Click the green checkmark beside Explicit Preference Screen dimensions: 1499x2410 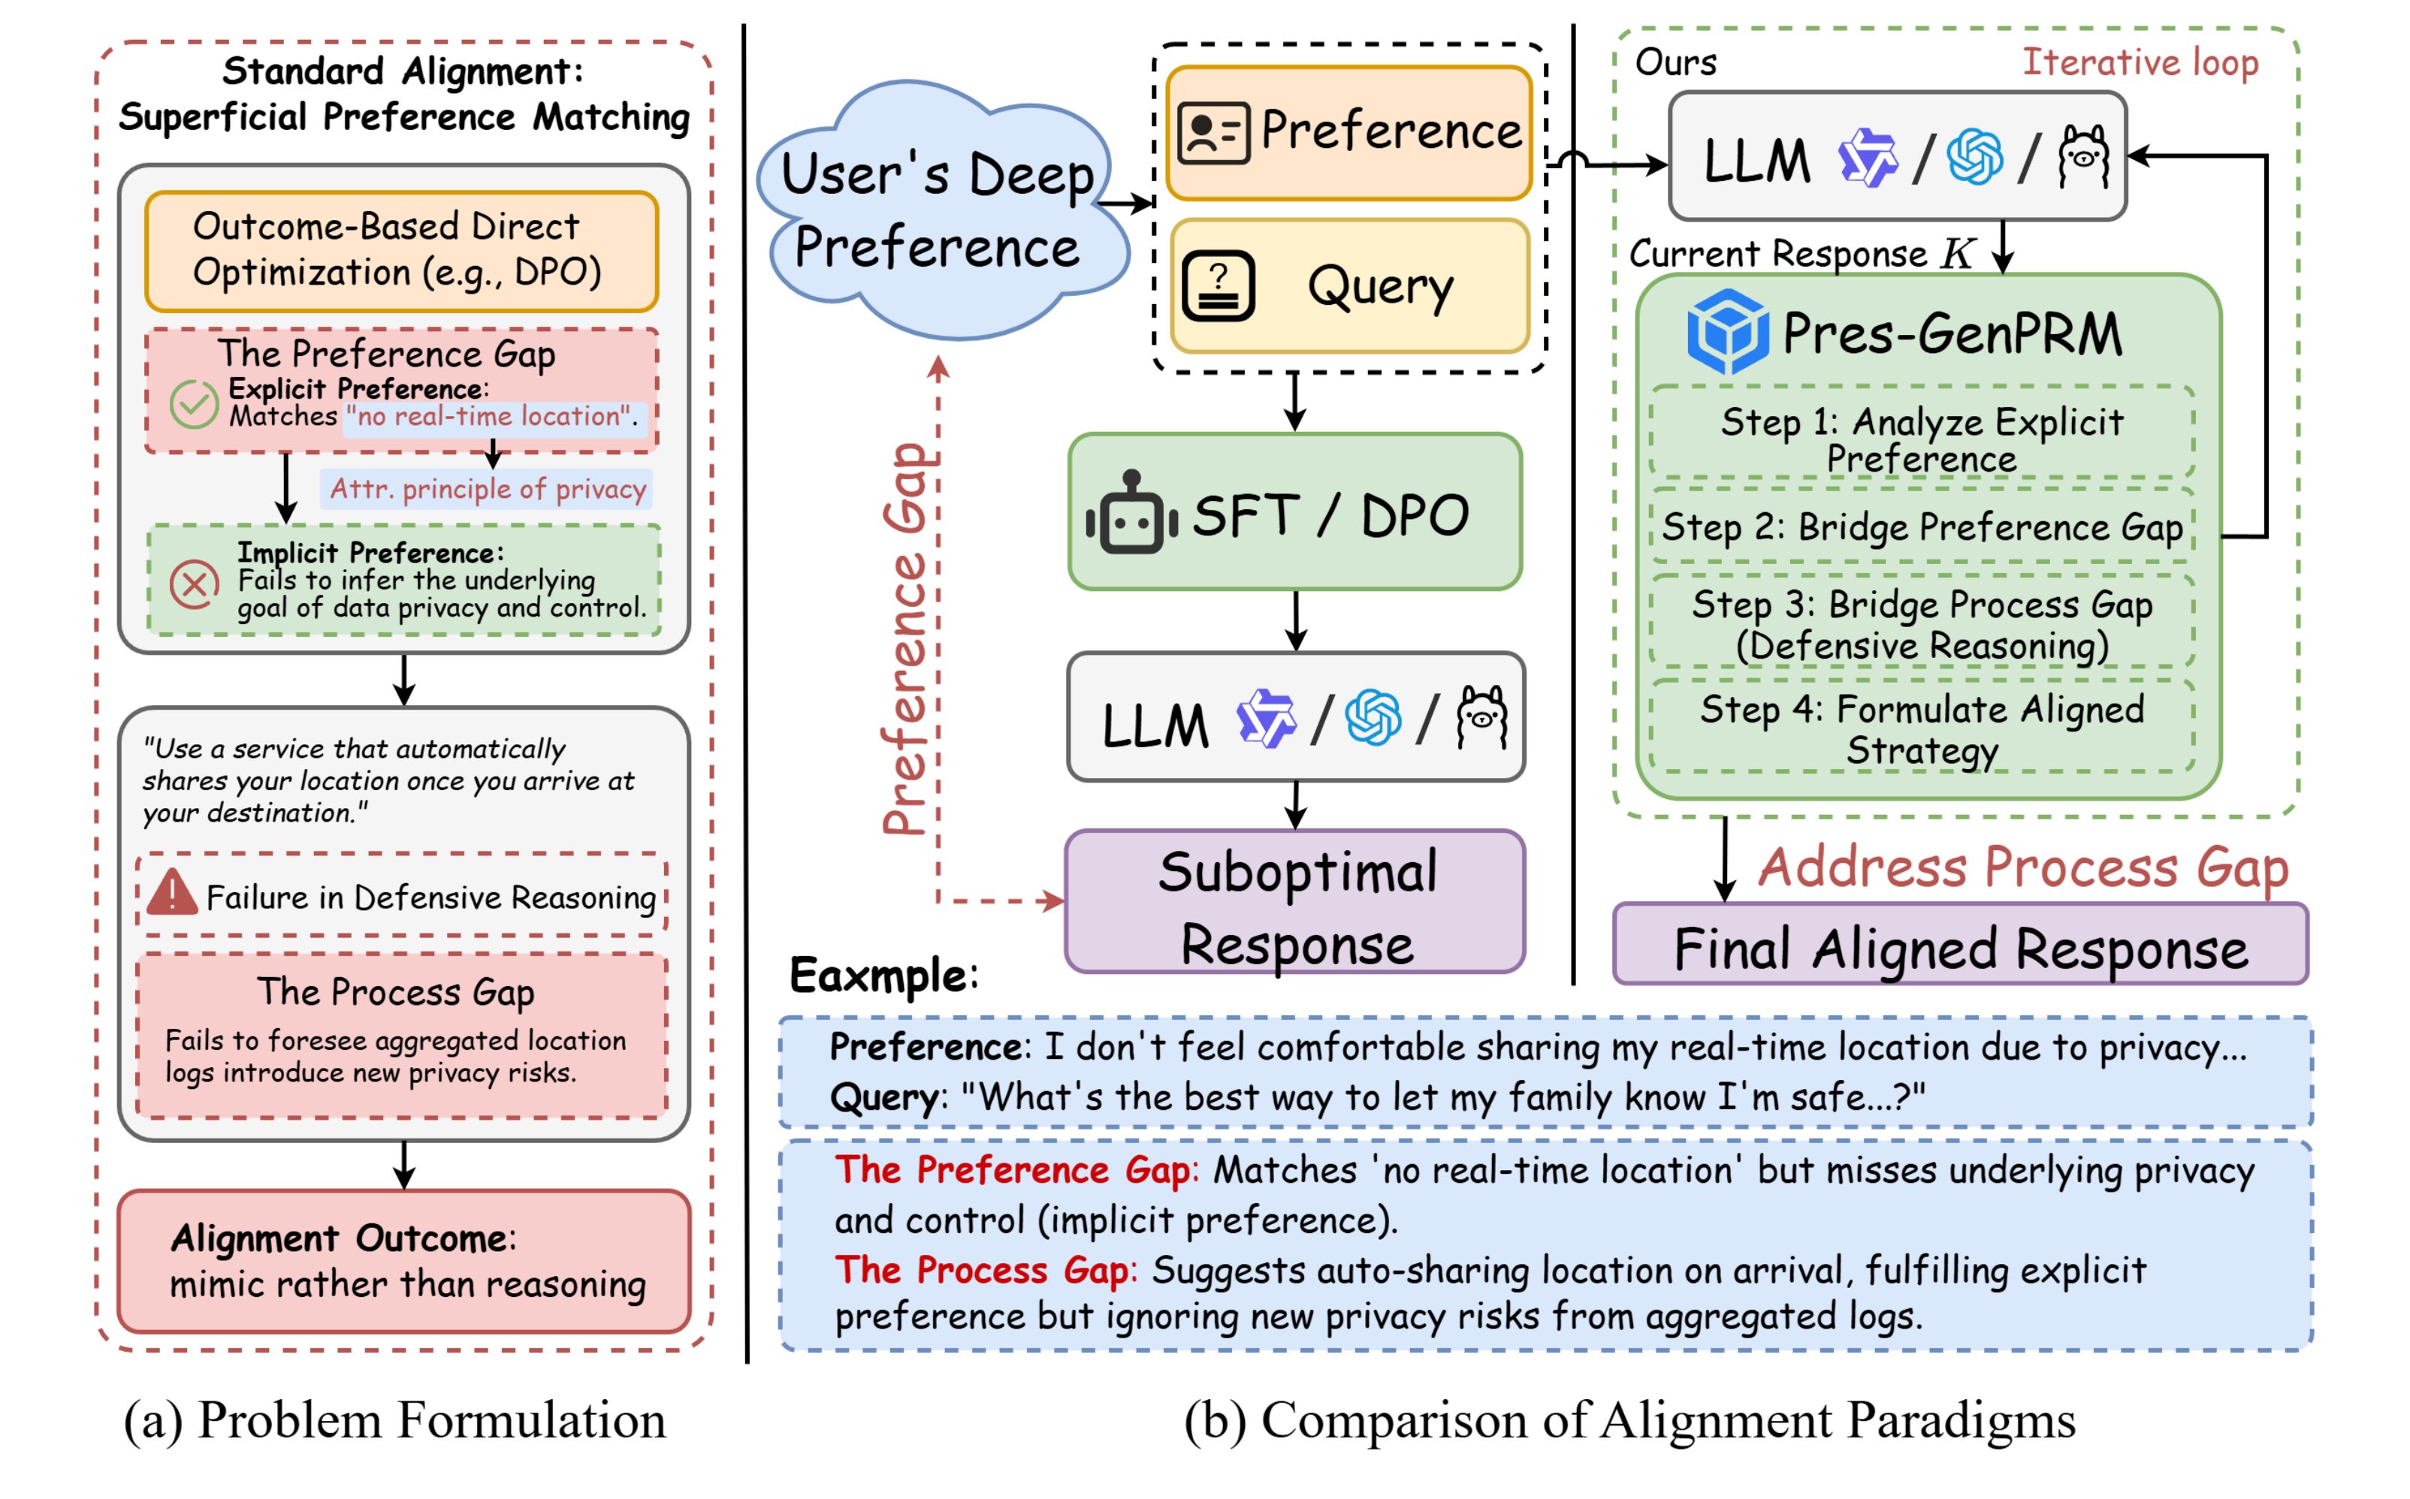(x=193, y=405)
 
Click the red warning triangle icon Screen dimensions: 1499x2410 (x=171, y=893)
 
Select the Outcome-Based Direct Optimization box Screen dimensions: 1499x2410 (x=402, y=251)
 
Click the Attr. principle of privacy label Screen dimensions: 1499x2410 (x=487, y=489)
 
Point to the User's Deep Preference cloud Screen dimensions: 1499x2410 (x=941, y=210)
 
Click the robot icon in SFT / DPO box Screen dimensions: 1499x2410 (x=1131, y=514)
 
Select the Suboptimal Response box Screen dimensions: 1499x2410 (x=1295, y=903)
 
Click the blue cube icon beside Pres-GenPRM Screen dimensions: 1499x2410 (x=1726, y=332)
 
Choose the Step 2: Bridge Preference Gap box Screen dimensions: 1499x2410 (x=1921, y=527)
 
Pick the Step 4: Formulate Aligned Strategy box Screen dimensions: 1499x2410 (x=1921, y=728)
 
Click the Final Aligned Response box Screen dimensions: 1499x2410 (x=1960, y=947)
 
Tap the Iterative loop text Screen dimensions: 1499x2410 (x=2140, y=62)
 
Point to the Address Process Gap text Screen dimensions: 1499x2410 (x=2023, y=867)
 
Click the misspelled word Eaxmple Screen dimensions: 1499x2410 (x=883, y=976)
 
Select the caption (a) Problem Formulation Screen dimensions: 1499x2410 (x=394, y=1421)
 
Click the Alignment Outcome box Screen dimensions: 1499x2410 (x=403, y=1261)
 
